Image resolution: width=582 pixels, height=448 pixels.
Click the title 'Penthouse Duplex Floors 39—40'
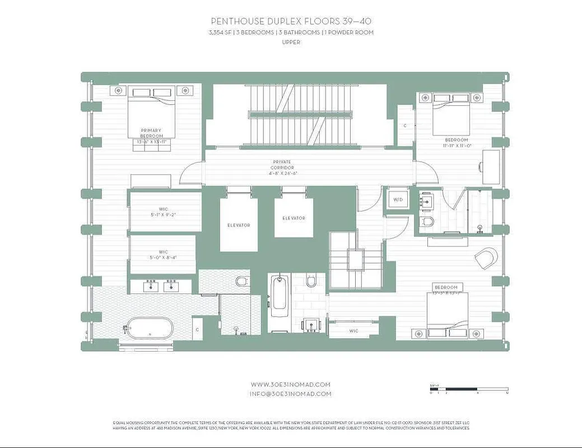pos(290,21)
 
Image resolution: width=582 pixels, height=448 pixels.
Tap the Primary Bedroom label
pos(151,133)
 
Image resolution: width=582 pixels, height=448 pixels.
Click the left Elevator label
pos(239,225)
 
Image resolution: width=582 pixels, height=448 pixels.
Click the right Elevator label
pos(294,218)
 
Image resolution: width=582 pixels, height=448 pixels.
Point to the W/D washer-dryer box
pos(398,199)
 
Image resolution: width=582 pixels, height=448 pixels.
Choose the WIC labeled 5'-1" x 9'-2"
pos(163,211)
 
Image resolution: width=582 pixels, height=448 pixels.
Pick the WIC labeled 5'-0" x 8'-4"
pos(163,255)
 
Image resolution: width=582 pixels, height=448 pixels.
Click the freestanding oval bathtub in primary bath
pos(148,328)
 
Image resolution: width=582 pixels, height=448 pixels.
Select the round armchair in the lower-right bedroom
pos(486,258)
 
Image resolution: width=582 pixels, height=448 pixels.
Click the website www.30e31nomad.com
pos(290,385)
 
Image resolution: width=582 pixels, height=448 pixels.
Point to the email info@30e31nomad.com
pos(290,394)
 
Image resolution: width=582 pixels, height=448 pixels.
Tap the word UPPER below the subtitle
pos(290,42)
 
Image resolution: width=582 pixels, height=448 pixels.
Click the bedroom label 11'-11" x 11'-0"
pos(456,142)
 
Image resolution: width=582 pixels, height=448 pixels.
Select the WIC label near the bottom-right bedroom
pos(353,331)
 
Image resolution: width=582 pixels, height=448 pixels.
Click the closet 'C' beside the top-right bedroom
pos(404,126)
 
